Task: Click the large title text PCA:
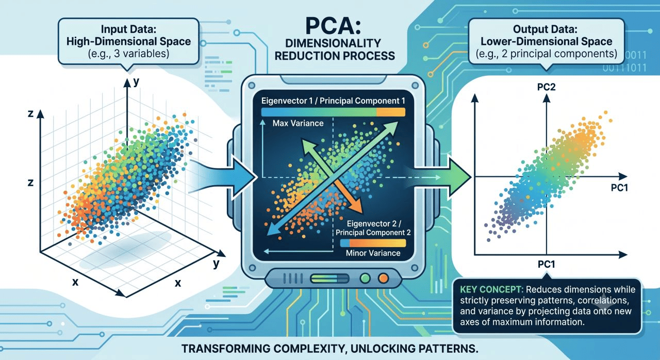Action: tap(333, 26)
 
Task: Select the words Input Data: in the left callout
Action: tap(128, 29)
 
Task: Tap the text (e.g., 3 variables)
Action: tap(128, 54)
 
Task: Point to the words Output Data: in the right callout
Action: tap(545, 29)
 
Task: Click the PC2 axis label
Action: tap(546, 87)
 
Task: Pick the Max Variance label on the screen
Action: tap(298, 123)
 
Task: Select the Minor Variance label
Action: tap(373, 253)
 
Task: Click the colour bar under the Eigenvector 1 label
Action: tap(333, 112)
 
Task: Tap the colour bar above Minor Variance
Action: tap(373, 243)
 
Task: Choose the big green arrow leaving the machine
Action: tap(442, 177)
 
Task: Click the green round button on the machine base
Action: tap(365, 278)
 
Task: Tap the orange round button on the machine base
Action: tap(383, 278)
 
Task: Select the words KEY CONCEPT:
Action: tap(492, 289)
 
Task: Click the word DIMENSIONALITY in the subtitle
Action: tap(333, 43)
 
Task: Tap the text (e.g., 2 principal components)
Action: tap(546, 54)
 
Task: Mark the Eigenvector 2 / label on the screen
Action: tap(374, 224)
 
